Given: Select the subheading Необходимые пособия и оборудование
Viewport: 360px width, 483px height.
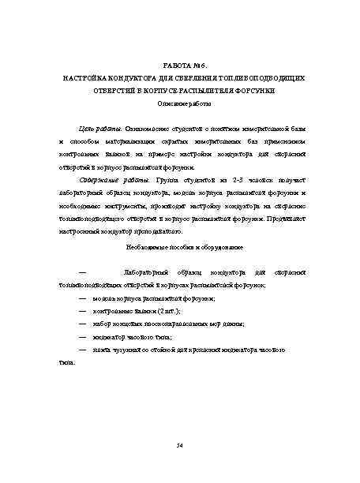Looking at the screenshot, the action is (180, 247).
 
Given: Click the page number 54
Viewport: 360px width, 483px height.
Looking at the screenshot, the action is (180, 447).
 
